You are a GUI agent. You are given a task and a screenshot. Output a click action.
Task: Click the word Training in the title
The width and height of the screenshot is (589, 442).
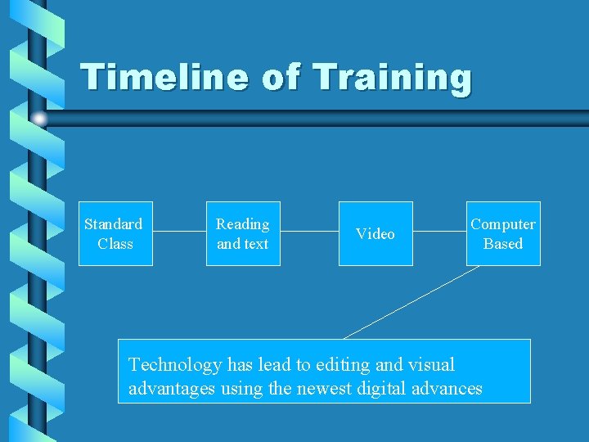(x=393, y=78)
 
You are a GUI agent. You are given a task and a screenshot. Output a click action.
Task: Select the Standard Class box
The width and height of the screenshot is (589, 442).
(x=115, y=233)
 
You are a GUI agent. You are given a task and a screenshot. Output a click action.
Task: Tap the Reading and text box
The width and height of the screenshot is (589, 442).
(x=242, y=233)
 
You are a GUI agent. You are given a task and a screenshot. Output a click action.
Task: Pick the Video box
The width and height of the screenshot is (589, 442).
(x=375, y=233)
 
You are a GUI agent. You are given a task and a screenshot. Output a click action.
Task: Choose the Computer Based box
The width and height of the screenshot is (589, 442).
(x=503, y=233)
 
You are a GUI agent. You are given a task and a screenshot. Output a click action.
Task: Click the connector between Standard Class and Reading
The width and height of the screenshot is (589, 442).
(x=178, y=232)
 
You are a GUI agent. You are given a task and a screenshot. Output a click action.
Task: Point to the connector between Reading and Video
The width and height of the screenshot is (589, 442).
(x=309, y=232)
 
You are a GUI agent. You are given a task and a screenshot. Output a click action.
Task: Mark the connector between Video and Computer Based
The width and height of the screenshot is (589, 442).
(x=439, y=232)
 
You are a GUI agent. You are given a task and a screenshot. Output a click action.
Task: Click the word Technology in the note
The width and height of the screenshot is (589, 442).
(x=175, y=365)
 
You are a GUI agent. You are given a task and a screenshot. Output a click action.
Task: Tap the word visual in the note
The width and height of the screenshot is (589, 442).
(x=429, y=365)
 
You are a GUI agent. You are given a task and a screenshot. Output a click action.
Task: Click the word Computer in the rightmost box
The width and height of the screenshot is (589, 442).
(x=503, y=224)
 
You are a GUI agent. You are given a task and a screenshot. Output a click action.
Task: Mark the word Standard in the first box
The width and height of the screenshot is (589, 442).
(x=114, y=224)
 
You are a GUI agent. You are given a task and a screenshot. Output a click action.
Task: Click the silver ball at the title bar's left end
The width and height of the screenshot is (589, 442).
(x=39, y=119)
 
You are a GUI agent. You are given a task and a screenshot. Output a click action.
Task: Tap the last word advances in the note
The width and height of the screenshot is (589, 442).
(x=449, y=388)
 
